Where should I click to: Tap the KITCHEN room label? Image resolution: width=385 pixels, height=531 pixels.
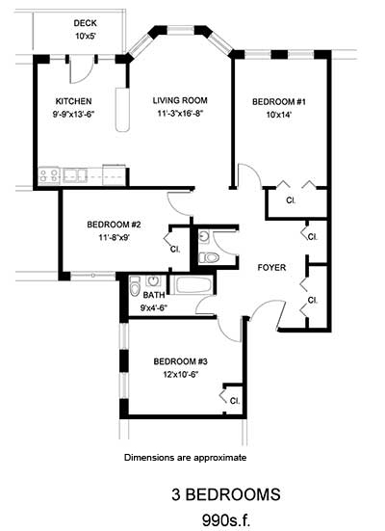73,100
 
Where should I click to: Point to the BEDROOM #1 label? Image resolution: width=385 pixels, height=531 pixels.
278,100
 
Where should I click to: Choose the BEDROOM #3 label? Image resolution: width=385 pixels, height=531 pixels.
180,361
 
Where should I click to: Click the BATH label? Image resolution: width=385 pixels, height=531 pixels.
154,295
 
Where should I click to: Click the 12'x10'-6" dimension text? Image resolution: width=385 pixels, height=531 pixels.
180,376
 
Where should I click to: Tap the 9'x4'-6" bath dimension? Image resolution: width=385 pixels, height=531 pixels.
155,308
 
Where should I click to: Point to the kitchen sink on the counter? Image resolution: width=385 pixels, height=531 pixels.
72,175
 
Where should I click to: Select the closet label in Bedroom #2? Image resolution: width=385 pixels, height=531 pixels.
175,249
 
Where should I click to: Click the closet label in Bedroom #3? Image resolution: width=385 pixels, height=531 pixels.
233,399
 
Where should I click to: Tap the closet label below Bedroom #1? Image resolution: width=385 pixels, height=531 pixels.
291,200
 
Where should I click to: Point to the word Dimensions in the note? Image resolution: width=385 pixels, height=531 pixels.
152,457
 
